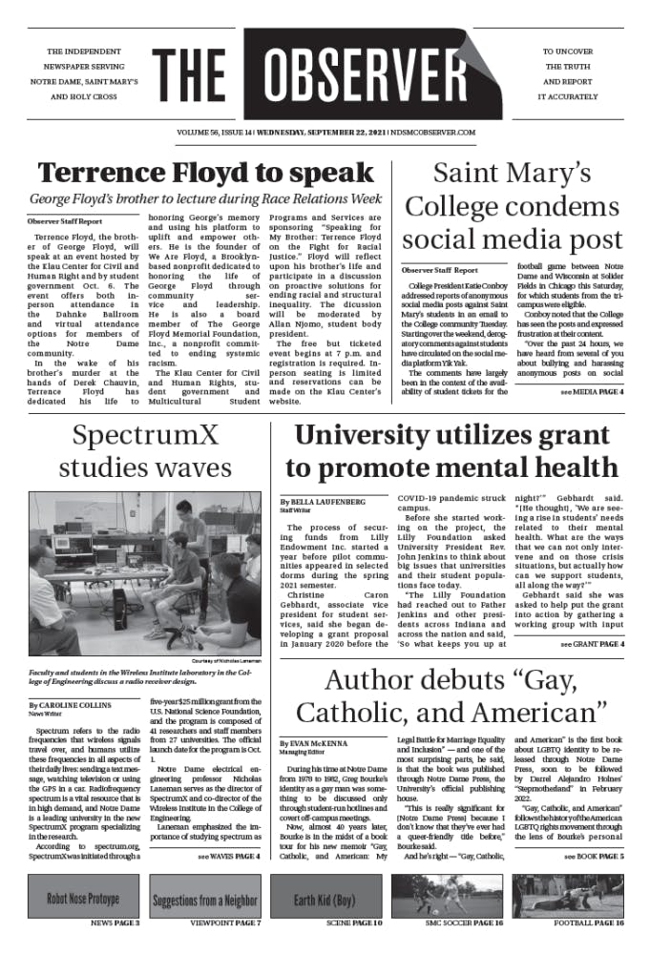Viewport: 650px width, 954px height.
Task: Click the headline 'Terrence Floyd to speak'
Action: click(205, 173)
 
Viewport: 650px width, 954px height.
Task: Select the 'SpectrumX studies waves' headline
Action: click(144, 452)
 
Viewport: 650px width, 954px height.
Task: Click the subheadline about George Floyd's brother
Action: click(203, 199)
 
